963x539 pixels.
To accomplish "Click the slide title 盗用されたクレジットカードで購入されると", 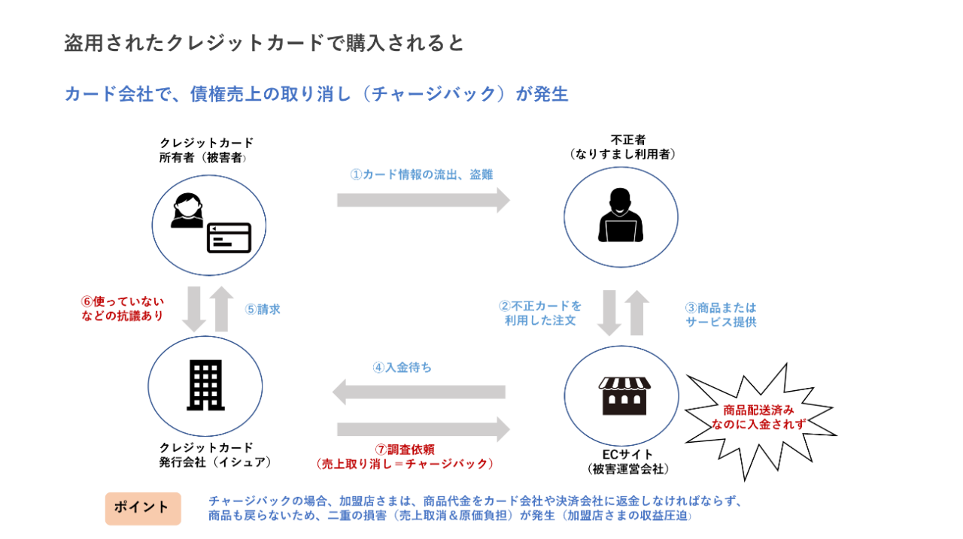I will (264, 44).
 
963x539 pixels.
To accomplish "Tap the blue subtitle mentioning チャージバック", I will (316, 94).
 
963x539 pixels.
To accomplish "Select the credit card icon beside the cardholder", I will (229, 238).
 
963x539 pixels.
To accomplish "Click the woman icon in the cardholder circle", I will (187, 210).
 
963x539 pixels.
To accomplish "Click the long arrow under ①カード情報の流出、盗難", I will (423, 200).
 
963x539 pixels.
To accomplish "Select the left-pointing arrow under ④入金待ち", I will (419, 392).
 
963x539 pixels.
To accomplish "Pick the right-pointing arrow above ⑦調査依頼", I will (423, 429).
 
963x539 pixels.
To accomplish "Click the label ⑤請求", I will (263, 309).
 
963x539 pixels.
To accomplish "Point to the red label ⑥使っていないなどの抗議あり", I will (122, 308).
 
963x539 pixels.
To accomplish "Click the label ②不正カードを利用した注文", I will (540, 313).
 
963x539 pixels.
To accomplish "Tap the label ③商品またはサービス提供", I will (721, 315).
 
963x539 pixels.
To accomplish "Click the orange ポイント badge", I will (142, 508).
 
